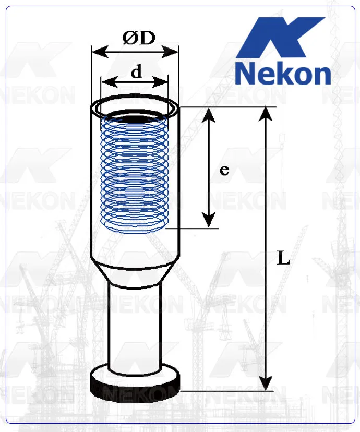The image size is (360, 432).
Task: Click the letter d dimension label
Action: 136,72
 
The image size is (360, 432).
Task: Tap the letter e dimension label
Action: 224,170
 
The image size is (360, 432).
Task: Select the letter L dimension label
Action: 283,258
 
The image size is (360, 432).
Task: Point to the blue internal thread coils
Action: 135,172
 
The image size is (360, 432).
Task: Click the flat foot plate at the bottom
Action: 136,383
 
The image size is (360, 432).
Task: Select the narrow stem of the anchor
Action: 135,323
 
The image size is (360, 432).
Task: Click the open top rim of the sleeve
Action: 136,106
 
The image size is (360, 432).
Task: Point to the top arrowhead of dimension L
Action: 267,112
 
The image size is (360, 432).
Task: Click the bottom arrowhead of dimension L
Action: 267,385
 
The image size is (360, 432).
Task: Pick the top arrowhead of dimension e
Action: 209,112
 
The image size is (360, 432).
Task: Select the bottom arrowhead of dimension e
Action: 209,223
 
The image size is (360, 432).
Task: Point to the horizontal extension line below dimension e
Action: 193,229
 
